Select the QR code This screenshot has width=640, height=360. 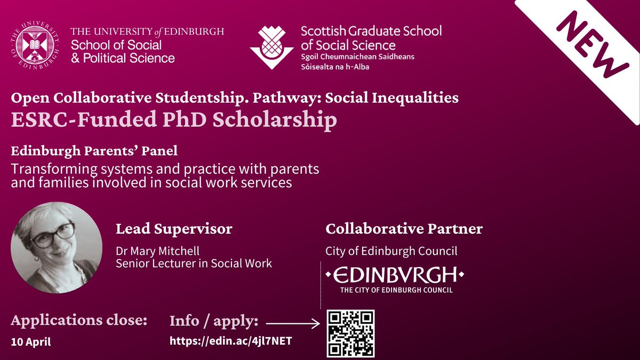point(351,333)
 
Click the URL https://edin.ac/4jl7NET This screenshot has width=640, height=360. point(230,341)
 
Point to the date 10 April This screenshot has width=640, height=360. point(31,342)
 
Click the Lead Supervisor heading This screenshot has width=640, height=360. point(174,229)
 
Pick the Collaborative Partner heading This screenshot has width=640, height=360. point(404,229)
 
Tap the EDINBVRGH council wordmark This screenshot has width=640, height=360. point(394,275)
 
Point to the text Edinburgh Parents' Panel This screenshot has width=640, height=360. point(94,151)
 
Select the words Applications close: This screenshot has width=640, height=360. point(78,321)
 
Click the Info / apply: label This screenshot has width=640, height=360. point(214,322)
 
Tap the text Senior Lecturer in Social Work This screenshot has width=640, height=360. point(194,263)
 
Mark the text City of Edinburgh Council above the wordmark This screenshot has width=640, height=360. point(391,251)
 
